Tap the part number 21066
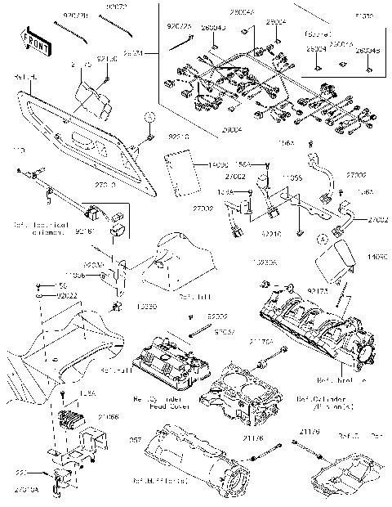click(x=109, y=417)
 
